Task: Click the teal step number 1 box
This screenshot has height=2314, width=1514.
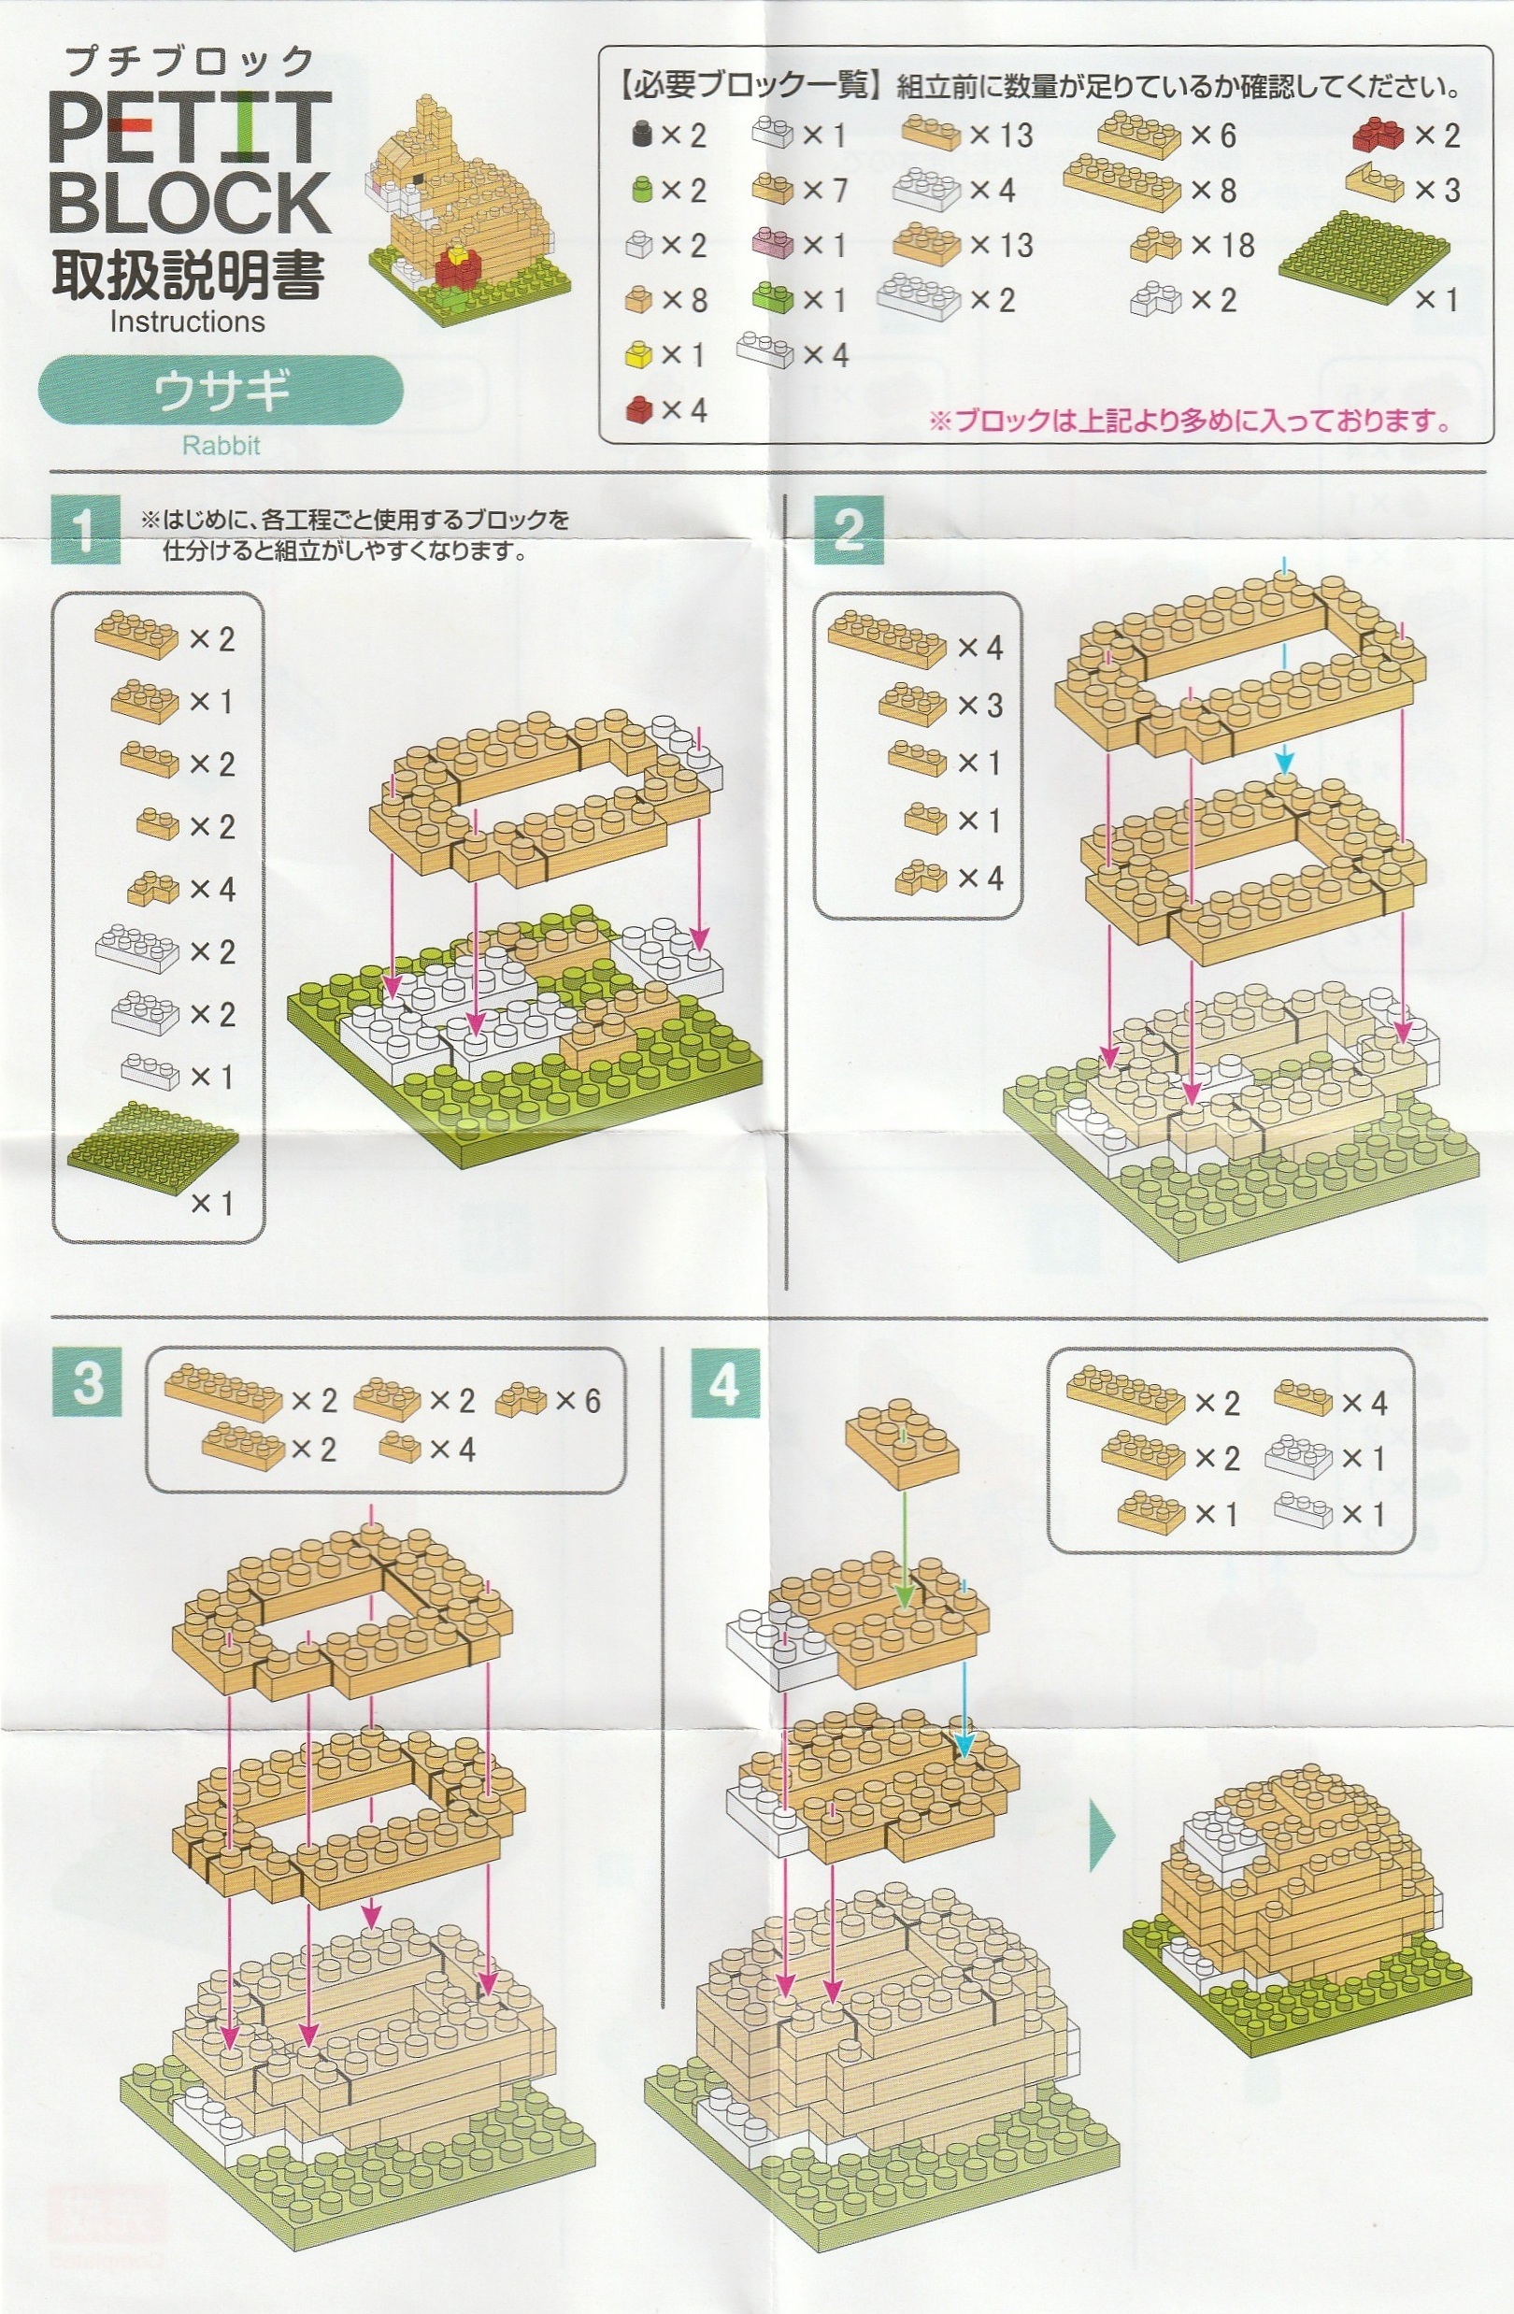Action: tap(85, 530)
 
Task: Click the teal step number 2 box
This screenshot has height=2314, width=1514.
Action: tap(849, 530)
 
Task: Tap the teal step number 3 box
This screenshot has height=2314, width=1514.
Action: tap(87, 1381)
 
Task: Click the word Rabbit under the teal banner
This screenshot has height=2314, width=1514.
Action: tap(221, 447)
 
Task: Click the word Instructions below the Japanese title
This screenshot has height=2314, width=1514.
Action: tap(187, 321)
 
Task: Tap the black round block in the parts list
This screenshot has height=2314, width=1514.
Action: tap(640, 135)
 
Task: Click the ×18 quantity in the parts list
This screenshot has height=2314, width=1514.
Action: tap(1221, 245)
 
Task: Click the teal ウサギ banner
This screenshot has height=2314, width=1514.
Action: tap(221, 391)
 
